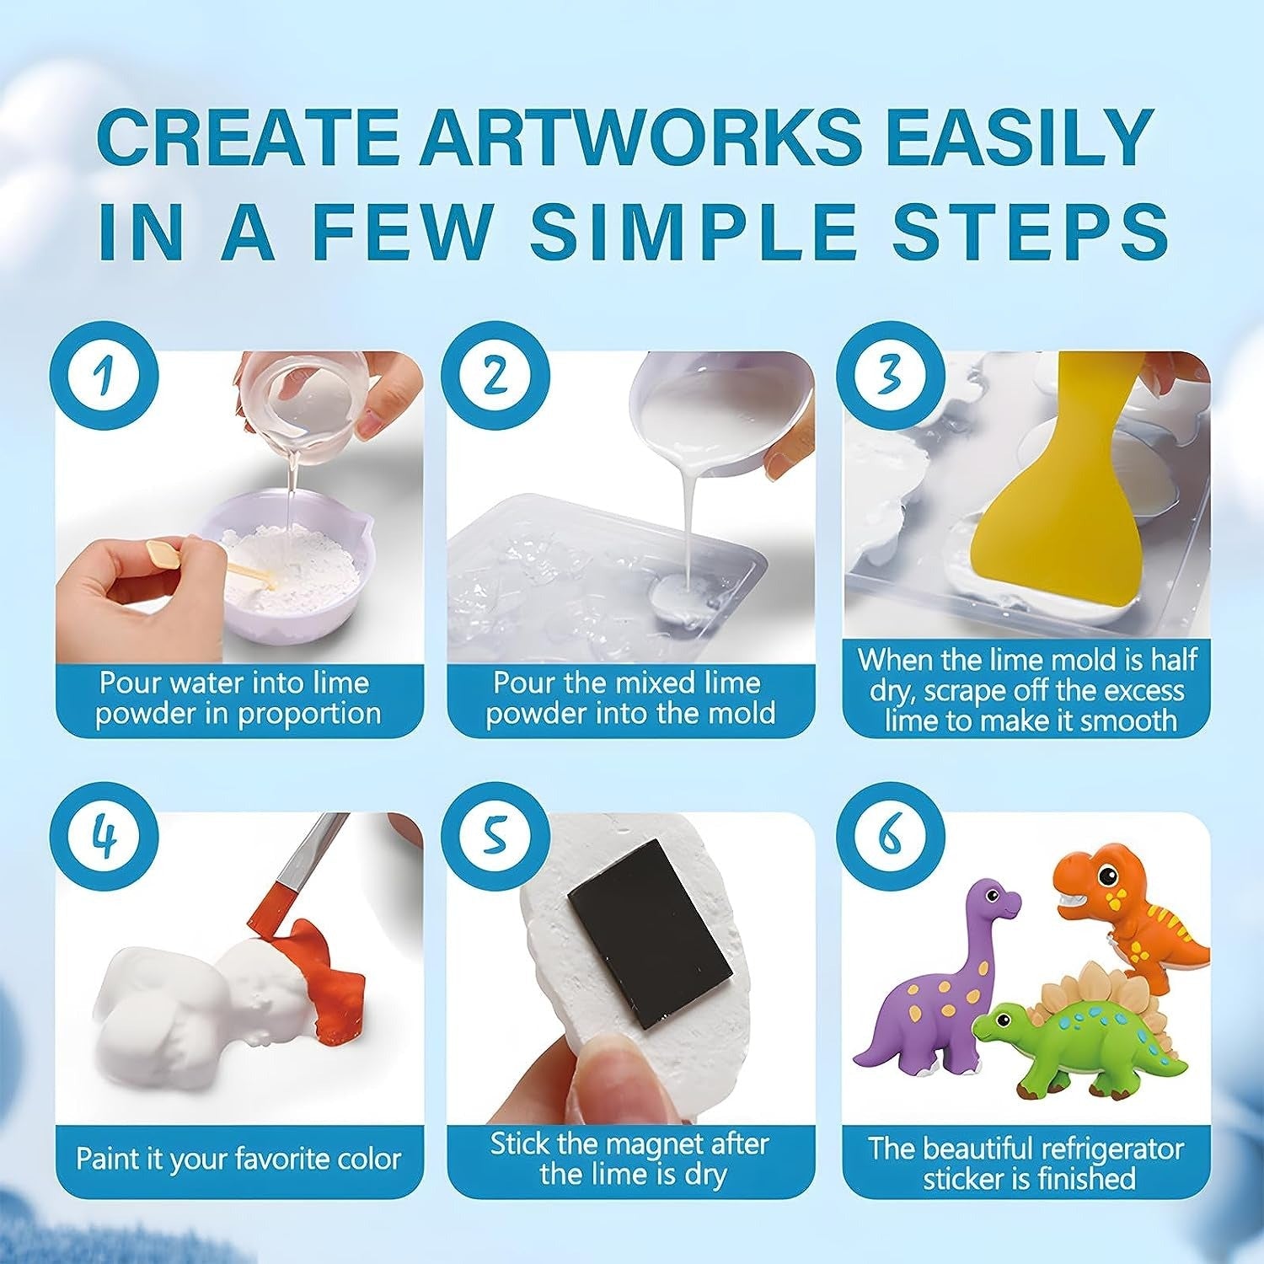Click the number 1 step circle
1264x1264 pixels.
(x=104, y=376)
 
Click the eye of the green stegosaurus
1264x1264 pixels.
(x=1002, y=1021)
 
